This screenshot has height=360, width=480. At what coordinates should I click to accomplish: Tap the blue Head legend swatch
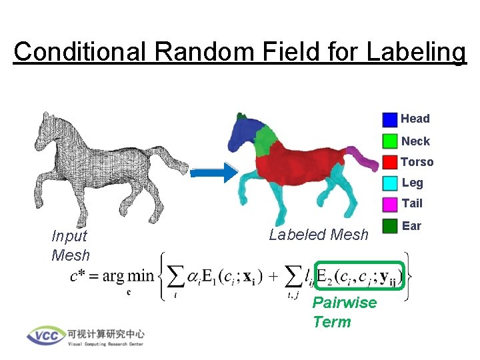(x=390, y=119)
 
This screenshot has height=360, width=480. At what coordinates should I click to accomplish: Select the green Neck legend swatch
(x=390, y=141)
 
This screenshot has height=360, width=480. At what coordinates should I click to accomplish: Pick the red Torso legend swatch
(x=390, y=162)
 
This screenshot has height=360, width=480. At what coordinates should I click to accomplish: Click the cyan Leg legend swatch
(x=390, y=183)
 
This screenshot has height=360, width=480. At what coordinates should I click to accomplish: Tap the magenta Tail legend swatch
(x=390, y=203)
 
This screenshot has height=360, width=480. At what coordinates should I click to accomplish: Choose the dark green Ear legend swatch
(x=390, y=226)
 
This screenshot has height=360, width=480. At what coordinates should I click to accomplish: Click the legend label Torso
(x=417, y=162)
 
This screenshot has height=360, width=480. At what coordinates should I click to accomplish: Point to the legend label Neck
(x=415, y=141)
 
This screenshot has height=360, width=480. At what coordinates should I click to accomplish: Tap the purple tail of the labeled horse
(x=364, y=159)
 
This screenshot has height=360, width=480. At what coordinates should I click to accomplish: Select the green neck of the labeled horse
(x=265, y=141)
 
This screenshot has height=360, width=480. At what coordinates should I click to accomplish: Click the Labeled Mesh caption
(x=319, y=235)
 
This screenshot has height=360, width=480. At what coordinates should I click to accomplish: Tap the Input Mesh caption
(x=70, y=245)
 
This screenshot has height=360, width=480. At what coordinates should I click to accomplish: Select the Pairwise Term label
(x=344, y=312)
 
